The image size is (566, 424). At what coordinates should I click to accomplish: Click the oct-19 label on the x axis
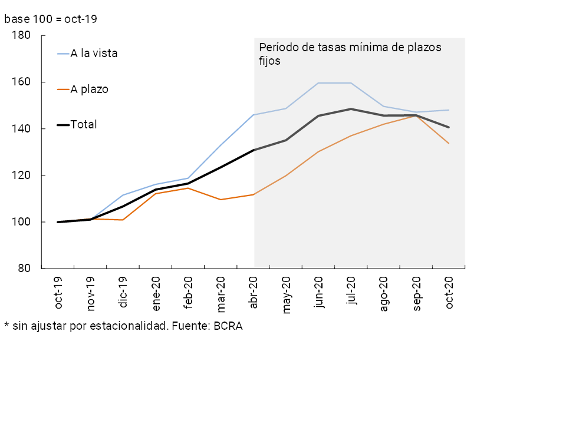point(58,293)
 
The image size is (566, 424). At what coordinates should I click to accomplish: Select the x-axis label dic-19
point(123,293)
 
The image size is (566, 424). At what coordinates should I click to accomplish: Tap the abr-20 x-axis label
point(254,293)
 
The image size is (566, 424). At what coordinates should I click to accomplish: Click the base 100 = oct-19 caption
point(51,19)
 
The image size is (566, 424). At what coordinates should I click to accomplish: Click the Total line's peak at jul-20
point(351,109)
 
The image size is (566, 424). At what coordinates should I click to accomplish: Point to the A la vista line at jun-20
point(319,83)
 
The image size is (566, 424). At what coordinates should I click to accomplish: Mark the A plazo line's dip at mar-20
point(221,200)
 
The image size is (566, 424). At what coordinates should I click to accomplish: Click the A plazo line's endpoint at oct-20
point(449,144)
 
